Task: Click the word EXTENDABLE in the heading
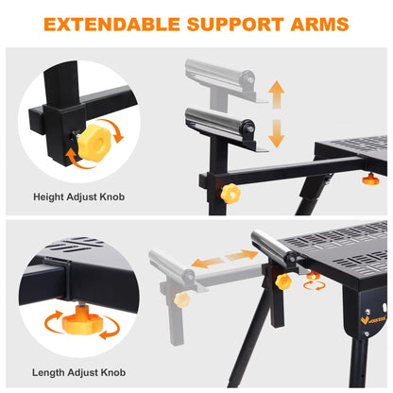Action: [x=111, y=25]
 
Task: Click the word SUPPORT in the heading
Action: [x=235, y=25]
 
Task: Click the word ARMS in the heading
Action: [x=319, y=25]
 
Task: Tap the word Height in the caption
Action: [x=48, y=197]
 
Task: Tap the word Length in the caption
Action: [x=48, y=372]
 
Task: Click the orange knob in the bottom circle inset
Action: [x=81, y=320]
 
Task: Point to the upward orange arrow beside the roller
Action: [x=277, y=94]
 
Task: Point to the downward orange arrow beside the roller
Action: [x=277, y=133]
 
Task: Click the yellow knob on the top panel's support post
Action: [x=231, y=193]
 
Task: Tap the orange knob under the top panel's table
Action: [x=371, y=179]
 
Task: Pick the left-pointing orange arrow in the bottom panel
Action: [x=208, y=263]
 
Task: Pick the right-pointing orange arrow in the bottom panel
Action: [x=242, y=255]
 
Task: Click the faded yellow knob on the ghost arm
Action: [x=181, y=299]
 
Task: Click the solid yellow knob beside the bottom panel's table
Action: [x=283, y=282]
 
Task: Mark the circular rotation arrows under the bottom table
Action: [x=314, y=285]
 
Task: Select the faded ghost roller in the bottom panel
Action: [x=172, y=265]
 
